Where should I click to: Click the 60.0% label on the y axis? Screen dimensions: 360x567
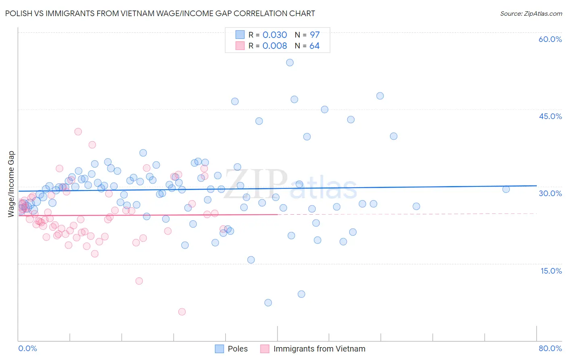click(550, 39)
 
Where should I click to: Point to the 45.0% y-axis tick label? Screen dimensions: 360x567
click(550, 116)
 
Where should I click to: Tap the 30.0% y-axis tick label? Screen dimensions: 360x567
click(550, 193)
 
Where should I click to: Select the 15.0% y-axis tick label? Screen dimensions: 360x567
click(551, 270)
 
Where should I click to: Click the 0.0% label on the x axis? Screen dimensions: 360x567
click(27, 348)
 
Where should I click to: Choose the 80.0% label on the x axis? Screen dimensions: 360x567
click(550, 348)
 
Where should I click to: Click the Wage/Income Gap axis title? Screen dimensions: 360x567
click(11, 184)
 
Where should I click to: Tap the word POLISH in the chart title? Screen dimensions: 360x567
click(19, 13)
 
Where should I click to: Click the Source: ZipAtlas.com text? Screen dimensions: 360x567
click(531, 13)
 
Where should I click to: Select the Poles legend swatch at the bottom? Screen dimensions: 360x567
click(219, 349)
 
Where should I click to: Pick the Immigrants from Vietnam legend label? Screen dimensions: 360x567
click(319, 349)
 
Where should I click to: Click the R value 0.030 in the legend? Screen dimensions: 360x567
click(275, 35)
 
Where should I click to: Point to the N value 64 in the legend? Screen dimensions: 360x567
click(314, 46)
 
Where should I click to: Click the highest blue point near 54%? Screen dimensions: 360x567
click(290, 63)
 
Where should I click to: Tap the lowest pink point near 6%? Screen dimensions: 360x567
click(182, 312)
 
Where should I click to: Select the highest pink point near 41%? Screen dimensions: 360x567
click(78, 132)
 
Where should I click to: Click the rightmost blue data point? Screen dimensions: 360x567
click(506, 189)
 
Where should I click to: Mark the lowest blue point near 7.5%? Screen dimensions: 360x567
click(268, 303)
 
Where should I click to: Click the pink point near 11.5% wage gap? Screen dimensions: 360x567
click(139, 281)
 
